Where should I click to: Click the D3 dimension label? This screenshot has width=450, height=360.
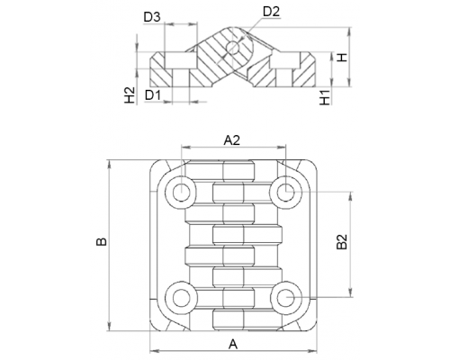tap(152, 17)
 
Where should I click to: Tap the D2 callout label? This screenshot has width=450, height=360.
tap(271, 12)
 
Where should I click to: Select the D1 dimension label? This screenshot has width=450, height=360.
tap(153, 95)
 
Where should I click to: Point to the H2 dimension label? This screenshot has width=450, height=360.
tap(130, 95)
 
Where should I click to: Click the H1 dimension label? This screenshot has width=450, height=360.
tap(325, 97)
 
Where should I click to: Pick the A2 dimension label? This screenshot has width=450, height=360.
tap(232, 139)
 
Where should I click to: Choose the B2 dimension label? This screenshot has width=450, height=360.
tap(341, 242)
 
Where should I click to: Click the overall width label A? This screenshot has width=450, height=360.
tap(233, 344)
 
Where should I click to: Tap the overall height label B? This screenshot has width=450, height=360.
tap(102, 241)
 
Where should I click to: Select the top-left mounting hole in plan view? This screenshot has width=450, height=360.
tap(181, 193)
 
